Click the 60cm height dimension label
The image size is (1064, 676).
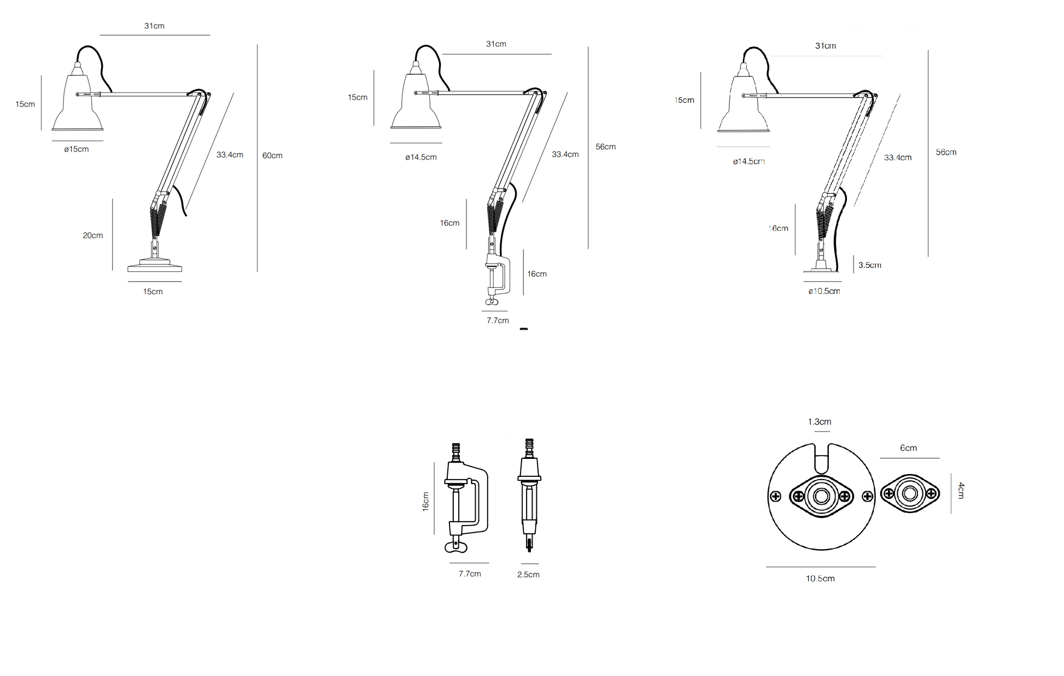[272, 156]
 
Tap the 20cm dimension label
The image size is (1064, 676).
[93, 236]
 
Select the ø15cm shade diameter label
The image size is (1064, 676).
[77, 149]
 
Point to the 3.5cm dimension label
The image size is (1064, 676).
[869, 265]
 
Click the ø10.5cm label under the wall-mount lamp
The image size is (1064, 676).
[824, 292]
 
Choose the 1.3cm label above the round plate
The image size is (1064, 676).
[820, 422]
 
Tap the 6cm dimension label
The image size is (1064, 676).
[909, 448]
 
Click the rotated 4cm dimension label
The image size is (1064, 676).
[961, 491]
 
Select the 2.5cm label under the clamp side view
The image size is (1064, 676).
[528, 575]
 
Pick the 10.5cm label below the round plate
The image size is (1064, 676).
[820, 579]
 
